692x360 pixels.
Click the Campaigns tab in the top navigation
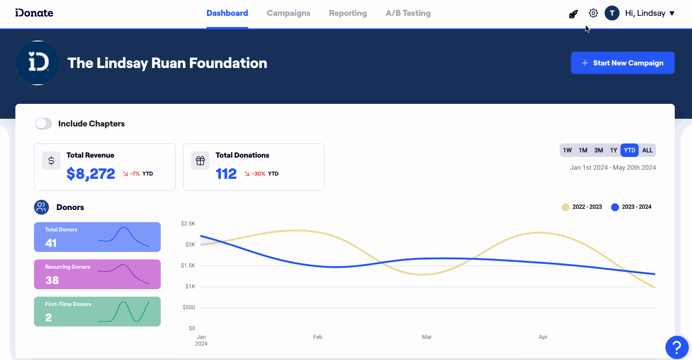coord(288,13)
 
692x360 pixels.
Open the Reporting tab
coord(348,13)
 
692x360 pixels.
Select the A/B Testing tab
coord(408,13)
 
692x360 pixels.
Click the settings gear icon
coord(593,13)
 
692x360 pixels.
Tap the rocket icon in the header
coord(573,14)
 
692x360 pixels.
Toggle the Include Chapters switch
coord(43,123)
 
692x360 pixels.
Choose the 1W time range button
coord(567,150)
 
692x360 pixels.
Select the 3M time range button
coord(598,150)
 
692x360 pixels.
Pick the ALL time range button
coord(647,150)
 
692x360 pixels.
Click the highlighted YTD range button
coord(630,150)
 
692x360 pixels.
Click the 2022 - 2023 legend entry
coord(582,207)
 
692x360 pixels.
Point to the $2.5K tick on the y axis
coord(188,224)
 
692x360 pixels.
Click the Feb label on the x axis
coord(318,337)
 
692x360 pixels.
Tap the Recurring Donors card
coord(97,274)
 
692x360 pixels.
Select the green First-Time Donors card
coord(97,312)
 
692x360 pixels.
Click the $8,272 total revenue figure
coord(91,174)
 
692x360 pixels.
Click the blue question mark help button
coord(677,347)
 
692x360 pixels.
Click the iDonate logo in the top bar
coord(34,13)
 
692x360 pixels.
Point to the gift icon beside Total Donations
coord(200,161)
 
